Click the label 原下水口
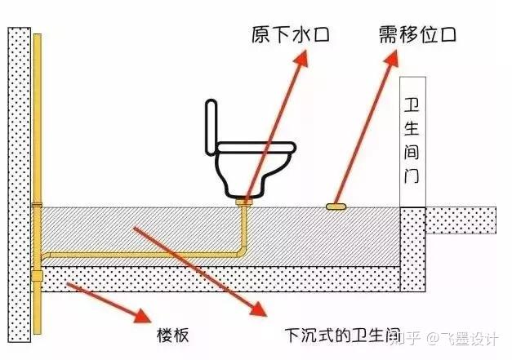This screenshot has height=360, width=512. coord(280,35)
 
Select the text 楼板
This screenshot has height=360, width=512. coord(174,335)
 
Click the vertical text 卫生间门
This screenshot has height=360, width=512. coord(412,139)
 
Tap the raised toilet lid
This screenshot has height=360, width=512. coord(211,127)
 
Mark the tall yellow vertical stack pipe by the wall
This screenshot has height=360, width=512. coord(38,122)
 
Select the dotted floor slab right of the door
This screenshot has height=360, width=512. coord(461,219)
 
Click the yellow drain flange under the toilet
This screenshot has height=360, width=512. coord(243,198)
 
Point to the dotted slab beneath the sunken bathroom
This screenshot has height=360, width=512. coord(220,279)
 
